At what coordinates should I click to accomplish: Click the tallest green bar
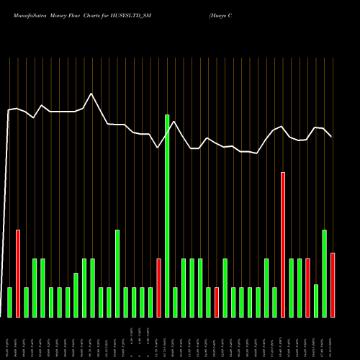coord(167,215)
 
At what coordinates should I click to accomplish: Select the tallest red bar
coord(283,244)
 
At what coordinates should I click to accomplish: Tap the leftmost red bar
coord(18,273)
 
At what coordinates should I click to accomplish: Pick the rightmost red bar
coord(333,284)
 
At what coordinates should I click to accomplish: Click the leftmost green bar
coord(9,302)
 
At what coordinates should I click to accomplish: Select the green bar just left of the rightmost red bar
coord(325,273)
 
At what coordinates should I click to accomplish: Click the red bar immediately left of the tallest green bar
coord(159,287)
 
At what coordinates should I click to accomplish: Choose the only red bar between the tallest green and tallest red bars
coord(217,302)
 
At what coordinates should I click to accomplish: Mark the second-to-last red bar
coord(308,287)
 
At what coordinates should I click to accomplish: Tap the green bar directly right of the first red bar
coord(26,302)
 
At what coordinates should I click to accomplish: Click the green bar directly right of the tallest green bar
coord(176,302)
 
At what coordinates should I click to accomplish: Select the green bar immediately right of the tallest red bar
coord(292,287)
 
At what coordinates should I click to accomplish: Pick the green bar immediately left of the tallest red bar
coord(275,302)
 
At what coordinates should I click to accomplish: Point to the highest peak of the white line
coord(91,94)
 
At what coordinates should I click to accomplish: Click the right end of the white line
coord(331,136)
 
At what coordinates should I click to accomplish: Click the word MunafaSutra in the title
coord(22,14)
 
